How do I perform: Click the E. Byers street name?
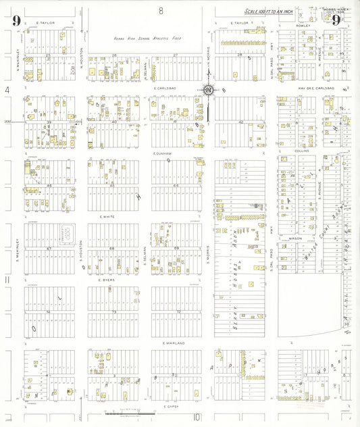pos(107,280)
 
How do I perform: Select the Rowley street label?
pos(302,26)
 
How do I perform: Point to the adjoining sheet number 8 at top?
pos(161,10)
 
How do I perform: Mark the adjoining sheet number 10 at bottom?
pos(198,417)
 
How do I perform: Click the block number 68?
pos(112,249)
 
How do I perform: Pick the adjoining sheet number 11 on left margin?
pos(7,279)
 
